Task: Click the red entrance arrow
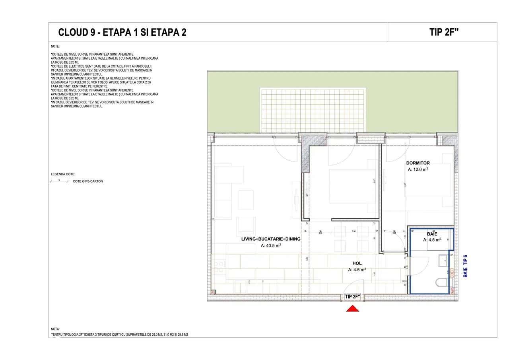(352, 308)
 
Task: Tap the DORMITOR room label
(418, 163)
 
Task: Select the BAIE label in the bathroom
(432, 234)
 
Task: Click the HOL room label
(357, 263)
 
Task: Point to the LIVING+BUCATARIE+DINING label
(271, 239)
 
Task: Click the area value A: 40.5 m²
(271, 246)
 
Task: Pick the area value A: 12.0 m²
(418, 169)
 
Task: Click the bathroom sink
(442, 261)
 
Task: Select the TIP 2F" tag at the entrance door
(352, 297)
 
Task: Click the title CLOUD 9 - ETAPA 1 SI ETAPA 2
(122, 33)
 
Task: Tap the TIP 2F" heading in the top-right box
(444, 33)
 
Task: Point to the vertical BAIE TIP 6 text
(466, 266)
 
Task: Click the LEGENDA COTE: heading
(63, 174)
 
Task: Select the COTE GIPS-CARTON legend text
(88, 181)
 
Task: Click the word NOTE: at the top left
(55, 47)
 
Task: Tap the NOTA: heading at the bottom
(55, 329)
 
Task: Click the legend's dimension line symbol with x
(59, 181)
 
